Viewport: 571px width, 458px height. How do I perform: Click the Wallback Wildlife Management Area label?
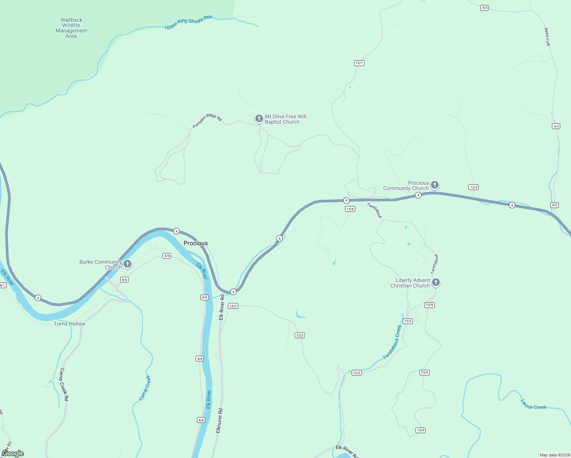[71, 28]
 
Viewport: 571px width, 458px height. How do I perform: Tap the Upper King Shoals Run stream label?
[188, 22]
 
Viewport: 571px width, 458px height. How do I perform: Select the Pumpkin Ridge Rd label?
[206, 120]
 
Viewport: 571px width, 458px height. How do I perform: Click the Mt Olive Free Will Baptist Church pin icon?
[259, 118]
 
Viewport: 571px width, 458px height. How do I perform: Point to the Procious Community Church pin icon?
[434, 185]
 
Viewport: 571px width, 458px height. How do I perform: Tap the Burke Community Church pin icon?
[127, 264]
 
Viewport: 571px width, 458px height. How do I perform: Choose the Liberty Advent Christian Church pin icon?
[436, 282]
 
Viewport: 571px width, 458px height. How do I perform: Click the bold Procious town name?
[195, 243]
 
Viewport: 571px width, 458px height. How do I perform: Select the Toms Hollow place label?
[69, 324]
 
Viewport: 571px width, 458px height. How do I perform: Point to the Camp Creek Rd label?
[64, 384]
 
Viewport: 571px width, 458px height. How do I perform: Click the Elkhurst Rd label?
[219, 420]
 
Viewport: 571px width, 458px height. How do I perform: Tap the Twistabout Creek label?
[393, 342]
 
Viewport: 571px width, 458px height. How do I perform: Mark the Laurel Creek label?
[533, 405]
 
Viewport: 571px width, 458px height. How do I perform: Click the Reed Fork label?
[547, 37]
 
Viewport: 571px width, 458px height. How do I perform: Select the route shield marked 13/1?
[359, 63]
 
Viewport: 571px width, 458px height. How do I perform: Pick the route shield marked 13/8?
[350, 209]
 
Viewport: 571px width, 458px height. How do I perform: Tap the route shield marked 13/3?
[473, 187]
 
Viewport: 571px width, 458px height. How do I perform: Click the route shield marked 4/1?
[2, 285]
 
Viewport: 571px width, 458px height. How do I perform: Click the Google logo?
[13, 453]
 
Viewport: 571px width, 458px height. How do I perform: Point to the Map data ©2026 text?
[554, 455]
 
